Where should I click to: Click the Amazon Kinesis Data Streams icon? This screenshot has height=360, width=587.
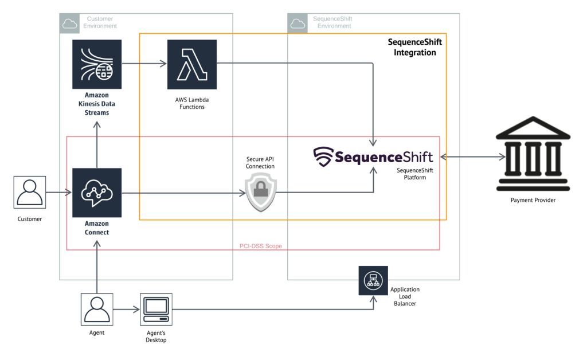[x=97, y=64]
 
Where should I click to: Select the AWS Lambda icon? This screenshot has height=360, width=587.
[x=192, y=64]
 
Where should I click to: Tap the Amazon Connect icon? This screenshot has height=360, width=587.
[x=97, y=193]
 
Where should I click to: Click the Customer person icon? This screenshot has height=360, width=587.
[x=29, y=193]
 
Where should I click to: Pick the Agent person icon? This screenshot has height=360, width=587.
[x=97, y=310]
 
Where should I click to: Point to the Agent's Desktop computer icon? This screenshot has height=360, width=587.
[x=156, y=310]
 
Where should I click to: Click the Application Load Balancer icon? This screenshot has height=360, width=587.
[x=373, y=281]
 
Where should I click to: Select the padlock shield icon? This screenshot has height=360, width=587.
[x=261, y=193]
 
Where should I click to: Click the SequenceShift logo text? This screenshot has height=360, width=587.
[x=373, y=156]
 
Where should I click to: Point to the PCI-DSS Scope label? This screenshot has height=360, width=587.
[x=260, y=246]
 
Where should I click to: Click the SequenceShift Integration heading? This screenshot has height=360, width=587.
[x=414, y=48]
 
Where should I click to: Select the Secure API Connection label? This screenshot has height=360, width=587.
[x=260, y=162]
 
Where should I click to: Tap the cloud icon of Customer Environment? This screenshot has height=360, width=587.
[x=69, y=23]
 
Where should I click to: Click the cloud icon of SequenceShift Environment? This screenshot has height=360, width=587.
[x=298, y=23]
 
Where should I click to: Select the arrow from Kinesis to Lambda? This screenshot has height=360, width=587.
[x=143, y=64]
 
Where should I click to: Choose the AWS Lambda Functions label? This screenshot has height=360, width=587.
[x=192, y=103]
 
